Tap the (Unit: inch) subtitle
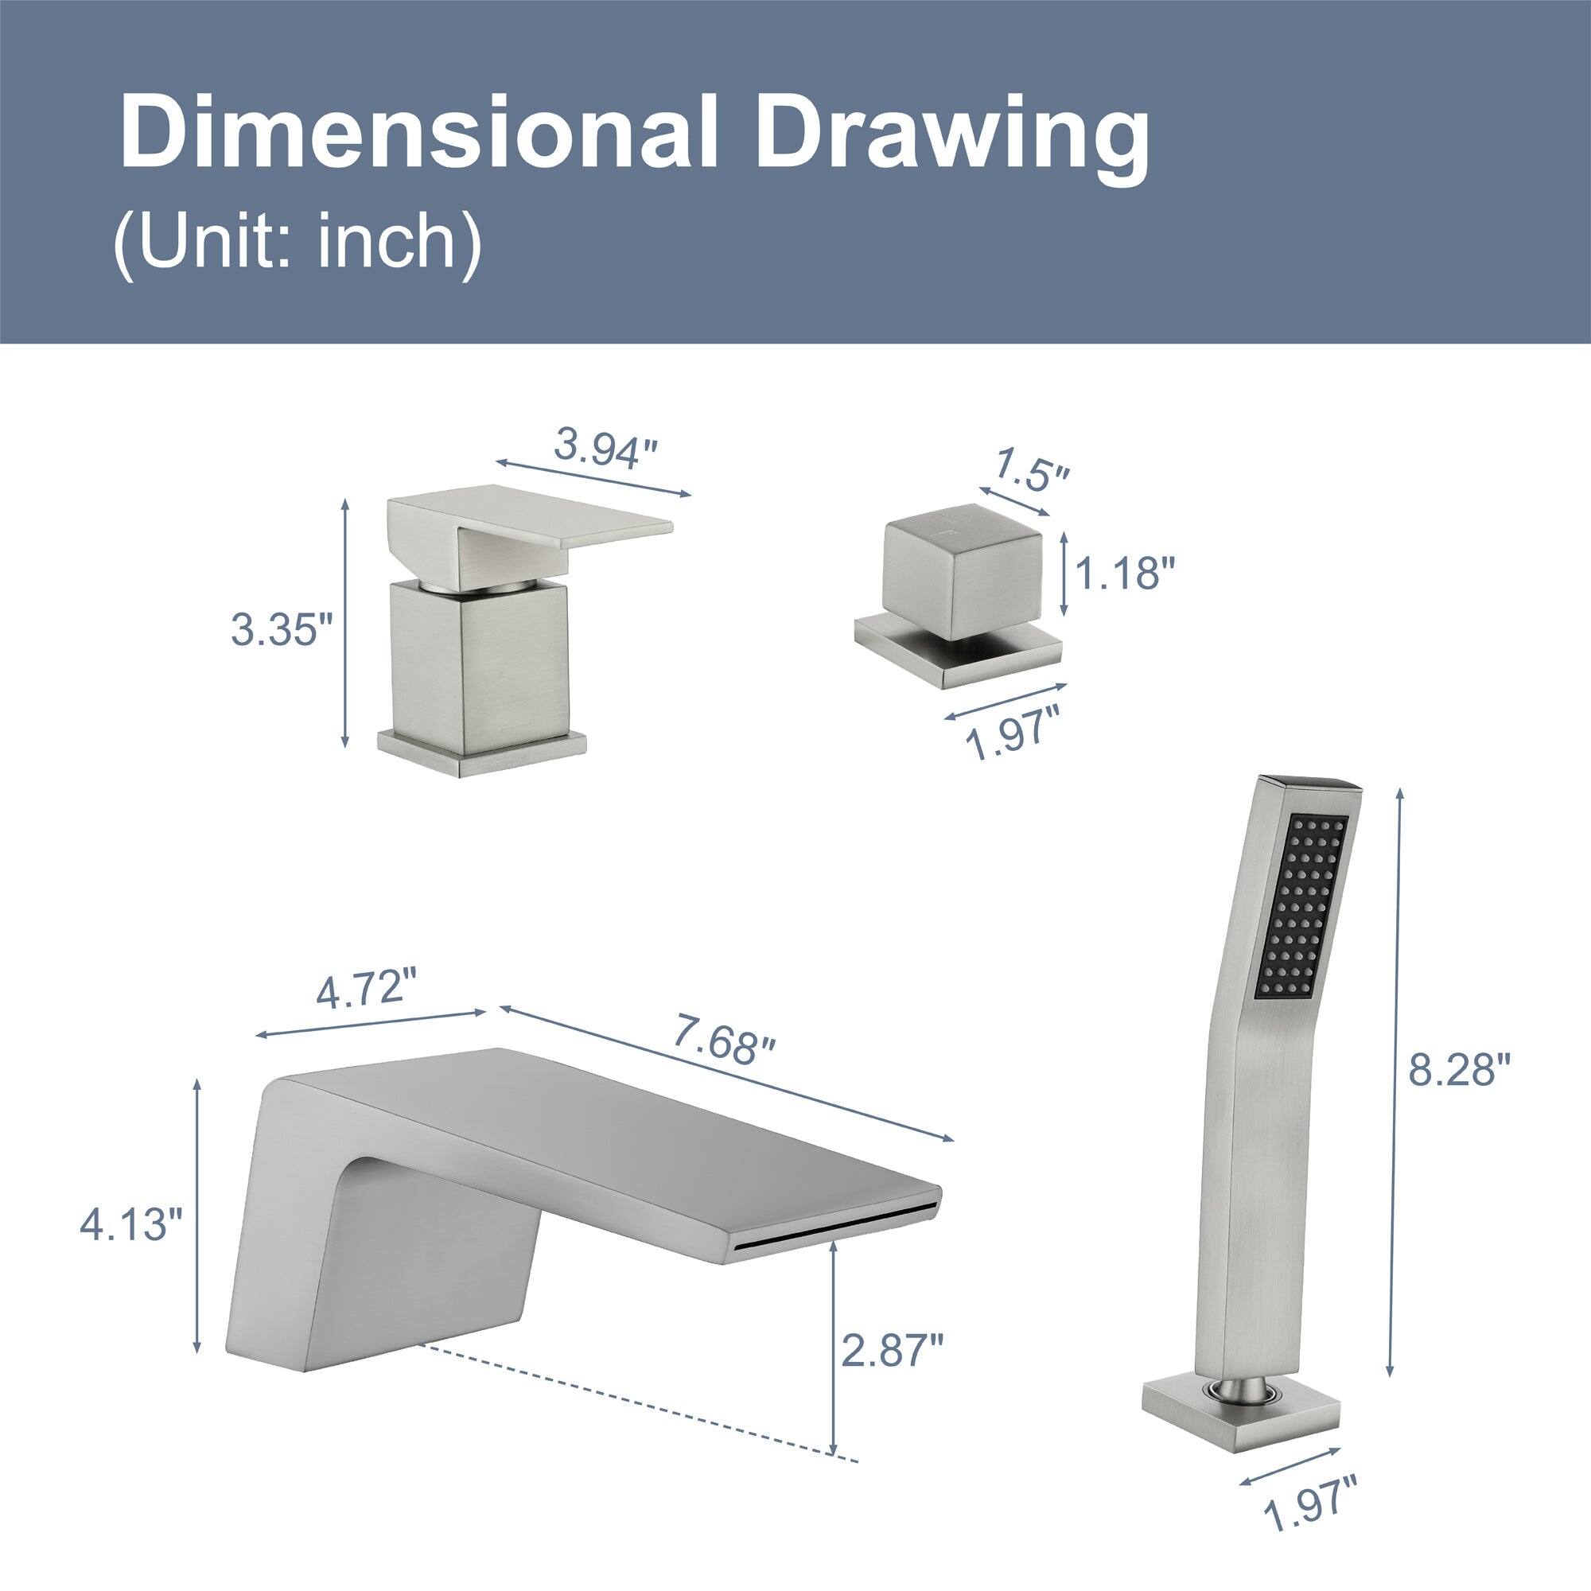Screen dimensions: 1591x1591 pos(298,240)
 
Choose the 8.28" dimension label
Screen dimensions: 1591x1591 pos(1460,1071)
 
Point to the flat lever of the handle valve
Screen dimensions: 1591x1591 pos(568,531)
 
